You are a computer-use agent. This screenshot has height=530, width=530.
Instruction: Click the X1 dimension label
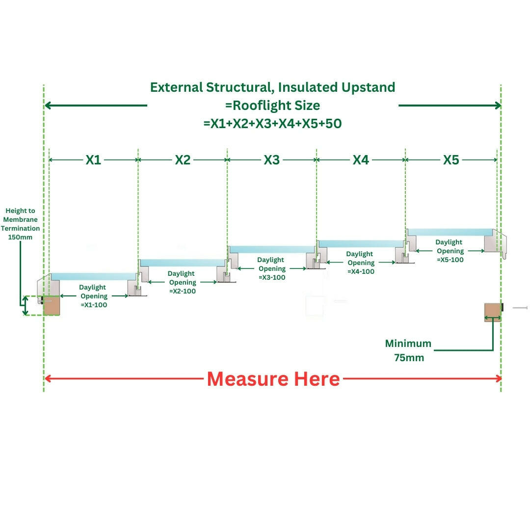coord(93,160)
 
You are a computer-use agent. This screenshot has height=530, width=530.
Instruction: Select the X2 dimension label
coord(183,160)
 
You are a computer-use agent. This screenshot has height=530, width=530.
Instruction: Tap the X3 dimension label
coord(272,160)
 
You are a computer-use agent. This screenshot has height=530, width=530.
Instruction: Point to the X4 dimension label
coord(361,160)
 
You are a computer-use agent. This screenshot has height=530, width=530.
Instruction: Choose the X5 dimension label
coord(451,160)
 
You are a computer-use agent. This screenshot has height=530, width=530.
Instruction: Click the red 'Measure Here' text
coord(273,379)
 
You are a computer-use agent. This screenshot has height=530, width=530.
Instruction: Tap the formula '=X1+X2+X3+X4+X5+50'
coord(272,124)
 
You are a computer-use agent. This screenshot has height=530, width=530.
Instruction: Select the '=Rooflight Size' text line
coord(272,106)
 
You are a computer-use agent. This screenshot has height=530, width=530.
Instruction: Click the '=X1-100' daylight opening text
coord(94,305)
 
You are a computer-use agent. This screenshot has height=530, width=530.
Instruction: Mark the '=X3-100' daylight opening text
coord(271,277)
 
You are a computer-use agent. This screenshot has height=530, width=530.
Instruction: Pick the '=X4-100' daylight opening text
coord(360,271)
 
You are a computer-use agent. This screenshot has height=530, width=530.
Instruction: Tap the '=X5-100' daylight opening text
coord(450,260)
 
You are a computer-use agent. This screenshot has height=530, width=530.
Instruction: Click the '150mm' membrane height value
coord(20,237)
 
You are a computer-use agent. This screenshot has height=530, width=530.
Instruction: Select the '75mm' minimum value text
coord(409,358)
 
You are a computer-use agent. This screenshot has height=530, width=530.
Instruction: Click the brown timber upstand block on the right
coord(493,312)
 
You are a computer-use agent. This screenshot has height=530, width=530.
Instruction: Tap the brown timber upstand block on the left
coord(51,305)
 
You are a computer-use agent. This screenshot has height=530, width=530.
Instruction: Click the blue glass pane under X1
coord(93,276)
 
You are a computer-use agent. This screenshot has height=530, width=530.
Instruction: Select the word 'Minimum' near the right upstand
coord(408,344)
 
